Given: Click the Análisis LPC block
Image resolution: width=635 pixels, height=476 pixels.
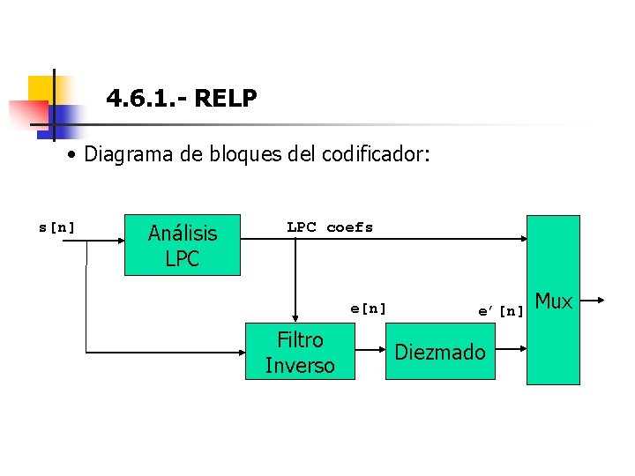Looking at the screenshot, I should click(182, 246).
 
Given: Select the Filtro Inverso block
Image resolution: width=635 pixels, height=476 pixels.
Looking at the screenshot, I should click(300, 352).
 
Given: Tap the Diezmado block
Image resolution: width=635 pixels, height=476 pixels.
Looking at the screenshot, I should click(440, 352).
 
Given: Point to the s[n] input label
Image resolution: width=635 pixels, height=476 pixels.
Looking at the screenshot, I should click(56, 227).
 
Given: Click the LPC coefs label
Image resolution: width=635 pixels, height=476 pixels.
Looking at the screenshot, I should click(330, 227).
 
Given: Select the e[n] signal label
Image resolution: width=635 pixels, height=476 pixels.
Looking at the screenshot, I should click(369, 309).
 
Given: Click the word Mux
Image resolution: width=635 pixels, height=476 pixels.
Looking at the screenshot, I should click(555, 301).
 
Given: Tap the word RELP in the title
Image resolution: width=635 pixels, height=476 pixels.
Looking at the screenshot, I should click(225, 99).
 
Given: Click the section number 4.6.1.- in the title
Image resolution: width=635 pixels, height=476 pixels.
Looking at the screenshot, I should click(145, 99).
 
